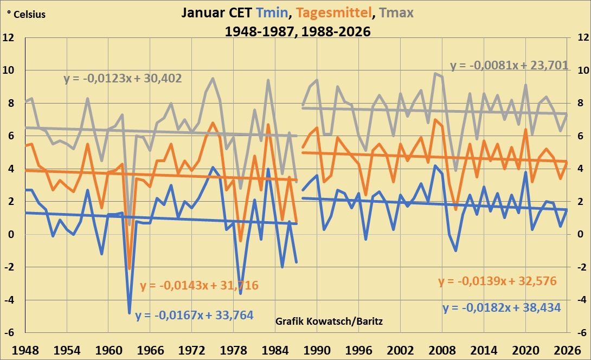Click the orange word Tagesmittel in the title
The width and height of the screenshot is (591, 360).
click(335, 13)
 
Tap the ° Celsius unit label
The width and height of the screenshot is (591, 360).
click(27, 15)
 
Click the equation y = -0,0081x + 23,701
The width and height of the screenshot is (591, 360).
click(509, 66)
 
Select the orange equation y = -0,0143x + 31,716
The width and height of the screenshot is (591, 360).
click(199, 285)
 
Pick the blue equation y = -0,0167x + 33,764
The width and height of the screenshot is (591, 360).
click(194, 314)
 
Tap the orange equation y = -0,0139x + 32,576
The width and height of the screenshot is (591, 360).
click(497, 281)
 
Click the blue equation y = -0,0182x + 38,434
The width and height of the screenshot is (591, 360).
click(502, 307)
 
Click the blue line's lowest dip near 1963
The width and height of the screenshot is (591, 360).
click(130, 313)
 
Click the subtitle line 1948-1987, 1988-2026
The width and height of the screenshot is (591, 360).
click(298, 32)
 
